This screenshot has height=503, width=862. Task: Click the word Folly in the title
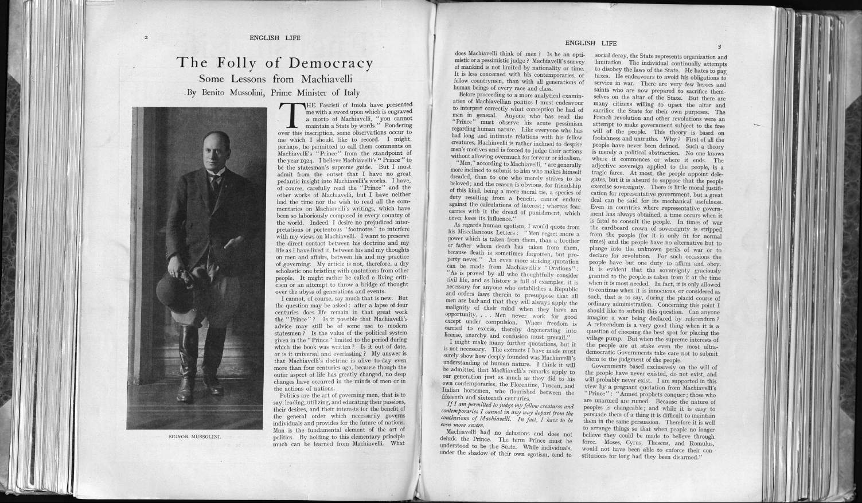click(240, 63)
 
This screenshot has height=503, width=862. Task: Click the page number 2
click(147, 38)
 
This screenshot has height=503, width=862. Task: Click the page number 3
click(719, 46)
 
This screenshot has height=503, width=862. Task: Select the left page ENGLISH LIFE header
click(275, 38)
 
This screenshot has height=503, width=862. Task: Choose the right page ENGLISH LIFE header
click(591, 43)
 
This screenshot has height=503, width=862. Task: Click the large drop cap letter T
click(292, 114)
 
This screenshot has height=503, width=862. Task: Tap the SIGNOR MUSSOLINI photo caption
click(195, 436)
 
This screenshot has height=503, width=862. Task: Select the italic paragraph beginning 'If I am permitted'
click(509, 415)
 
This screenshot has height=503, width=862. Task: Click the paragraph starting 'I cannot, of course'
click(341, 344)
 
